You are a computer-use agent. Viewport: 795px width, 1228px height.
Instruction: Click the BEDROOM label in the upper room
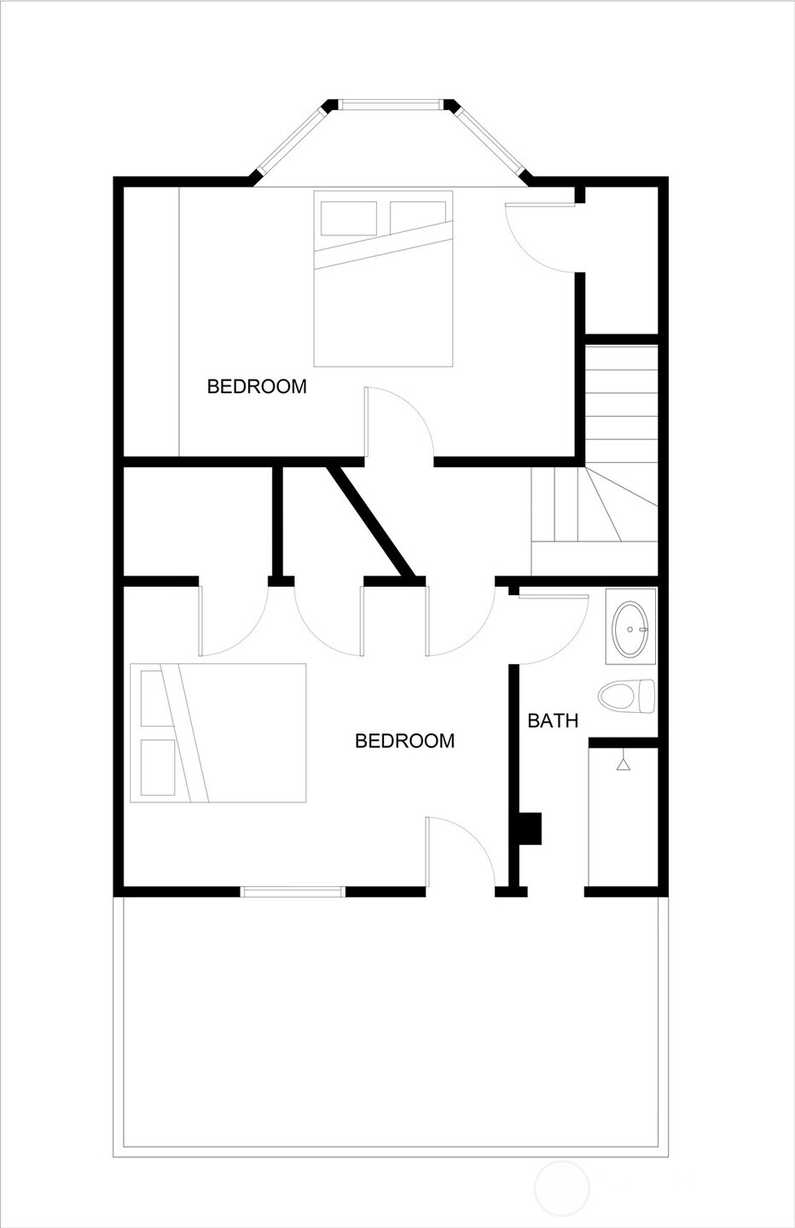pos(257,386)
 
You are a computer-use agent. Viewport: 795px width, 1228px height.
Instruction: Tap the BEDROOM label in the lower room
pos(404,740)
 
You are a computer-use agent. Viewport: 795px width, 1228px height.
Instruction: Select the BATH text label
pos(553,721)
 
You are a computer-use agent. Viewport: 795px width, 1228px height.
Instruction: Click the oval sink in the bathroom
pos(631,628)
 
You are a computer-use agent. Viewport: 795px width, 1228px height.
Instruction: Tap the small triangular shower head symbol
pos(624,764)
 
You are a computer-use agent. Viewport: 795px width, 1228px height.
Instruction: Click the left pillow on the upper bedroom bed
pos(349,219)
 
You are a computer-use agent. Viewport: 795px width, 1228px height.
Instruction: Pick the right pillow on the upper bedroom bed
pos(418,217)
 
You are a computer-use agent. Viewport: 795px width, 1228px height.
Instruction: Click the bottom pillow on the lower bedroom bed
pos(157,767)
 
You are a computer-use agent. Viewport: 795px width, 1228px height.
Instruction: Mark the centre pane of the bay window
pos(392,105)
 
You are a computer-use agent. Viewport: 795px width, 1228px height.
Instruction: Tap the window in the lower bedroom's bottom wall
pos(293,892)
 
